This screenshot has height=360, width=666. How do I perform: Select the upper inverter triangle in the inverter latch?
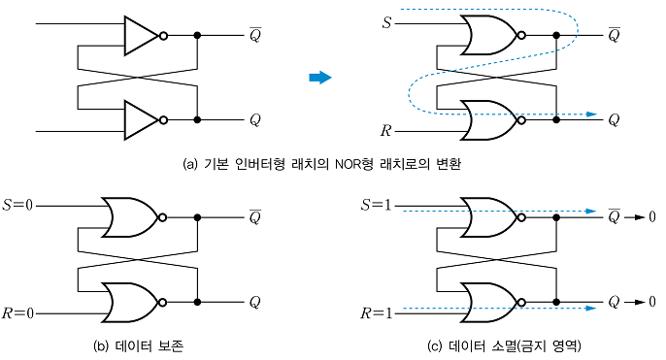(140, 36)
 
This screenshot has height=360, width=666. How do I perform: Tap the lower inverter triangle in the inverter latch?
(140, 120)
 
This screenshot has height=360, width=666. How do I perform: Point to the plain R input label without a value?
(387, 129)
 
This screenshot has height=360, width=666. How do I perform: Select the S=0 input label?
(20, 205)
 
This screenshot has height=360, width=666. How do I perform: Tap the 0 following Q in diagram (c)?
(652, 302)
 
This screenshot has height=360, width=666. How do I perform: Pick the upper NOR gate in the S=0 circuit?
(131, 217)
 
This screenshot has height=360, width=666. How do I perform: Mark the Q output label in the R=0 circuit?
(255, 302)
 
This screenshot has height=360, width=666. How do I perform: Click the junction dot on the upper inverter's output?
(198, 36)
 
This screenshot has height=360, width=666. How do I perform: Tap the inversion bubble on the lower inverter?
(163, 120)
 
